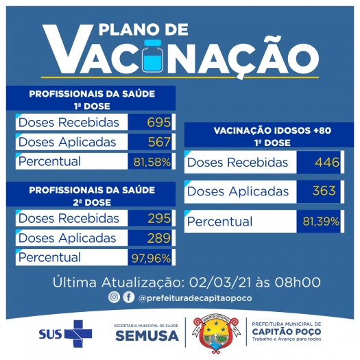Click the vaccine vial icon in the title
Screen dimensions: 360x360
tap(152, 56)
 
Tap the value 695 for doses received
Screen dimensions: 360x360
tap(159, 122)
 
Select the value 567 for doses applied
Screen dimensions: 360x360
tap(159, 142)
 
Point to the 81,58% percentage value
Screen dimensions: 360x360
tap(152, 162)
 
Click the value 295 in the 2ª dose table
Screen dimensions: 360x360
tap(159, 218)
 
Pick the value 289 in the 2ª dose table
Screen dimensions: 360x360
tap(159, 238)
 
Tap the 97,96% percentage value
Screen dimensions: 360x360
tap(151, 259)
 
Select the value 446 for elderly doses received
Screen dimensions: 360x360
tap(327, 163)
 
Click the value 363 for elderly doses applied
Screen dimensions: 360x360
tap(324, 191)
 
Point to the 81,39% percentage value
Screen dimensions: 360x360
tap(321, 221)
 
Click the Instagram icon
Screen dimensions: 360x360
tap(114, 297)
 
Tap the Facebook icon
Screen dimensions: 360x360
tap(129, 297)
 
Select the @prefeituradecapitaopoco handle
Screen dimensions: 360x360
tap(195, 298)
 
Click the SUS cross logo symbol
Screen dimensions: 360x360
tap(78, 333)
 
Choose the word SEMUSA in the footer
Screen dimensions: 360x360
tap(147, 336)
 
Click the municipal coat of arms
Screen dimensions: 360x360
tap(216, 334)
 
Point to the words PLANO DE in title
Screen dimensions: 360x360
tap(143, 29)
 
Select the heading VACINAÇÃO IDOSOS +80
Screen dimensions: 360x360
tap(272, 130)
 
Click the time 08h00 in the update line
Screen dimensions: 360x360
tap(298, 282)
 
